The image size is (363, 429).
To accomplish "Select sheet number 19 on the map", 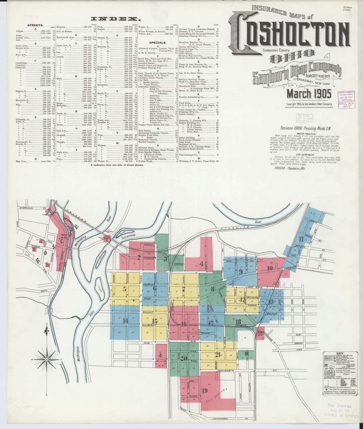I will [x=205, y=390].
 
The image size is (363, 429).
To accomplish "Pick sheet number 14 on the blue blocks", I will [x=125, y=320].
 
